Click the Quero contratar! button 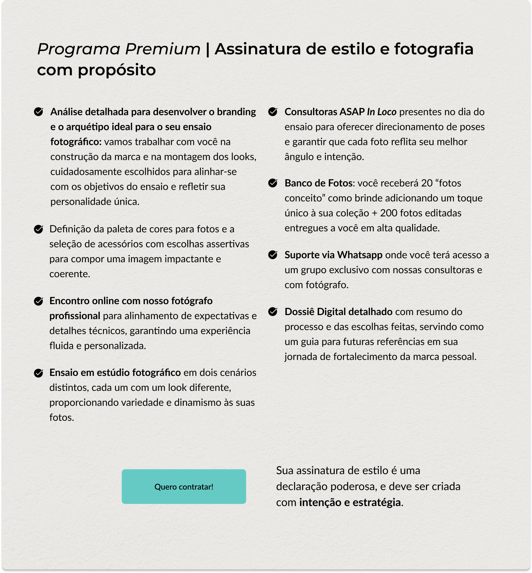pyautogui.click(x=184, y=487)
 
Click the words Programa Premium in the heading pyautogui.click(x=119, y=49)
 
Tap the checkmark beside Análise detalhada pyautogui.click(x=39, y=112)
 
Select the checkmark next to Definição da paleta pyautogui.click(x=39, y=229)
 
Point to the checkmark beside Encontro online pyautogui.click(x=39, y=301)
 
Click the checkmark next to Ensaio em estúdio pyautogui.click(x=39, y=373)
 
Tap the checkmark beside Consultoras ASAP pyautogui.click(x=273, y=112)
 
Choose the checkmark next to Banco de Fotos pyautogui.click(x=273, y=183)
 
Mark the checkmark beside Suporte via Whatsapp pyautogui.click(x=273, y=255)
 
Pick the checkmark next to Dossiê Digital pyautogui.click(x=273, y=312)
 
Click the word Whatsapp pyautogui.click(x=360, y=255)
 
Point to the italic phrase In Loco pyautogui.click(x=381, y=112)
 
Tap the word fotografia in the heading pyautogui.click(x=434, y=49)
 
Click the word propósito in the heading pyautogui.click(x=117, y=70)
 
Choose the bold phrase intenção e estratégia pyautogui.click(x=350, y=502)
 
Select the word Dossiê pyautogui.click(x=299, y=312)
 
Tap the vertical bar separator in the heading pyautogui.click(x=208, y=49)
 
